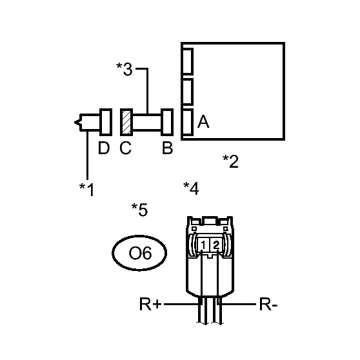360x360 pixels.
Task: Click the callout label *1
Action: click(x=87, y=190)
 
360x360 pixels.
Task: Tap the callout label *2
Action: click(x=230, y=161)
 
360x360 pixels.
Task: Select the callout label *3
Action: click(x=125, y=69)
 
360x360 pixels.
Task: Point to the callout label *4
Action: click(x=191, y=188)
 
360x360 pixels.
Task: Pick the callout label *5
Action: click(x=139, y=210)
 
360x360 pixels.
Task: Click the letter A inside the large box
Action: click(x=203, y=122)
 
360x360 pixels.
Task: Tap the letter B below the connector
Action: click(x=167, y=148)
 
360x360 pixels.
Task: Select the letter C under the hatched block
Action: click(x=126, y=148)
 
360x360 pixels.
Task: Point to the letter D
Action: click(x=104, y=148)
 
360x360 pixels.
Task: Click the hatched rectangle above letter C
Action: click(x=126, y=122)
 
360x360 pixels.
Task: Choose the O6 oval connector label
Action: click(x=139, y=253)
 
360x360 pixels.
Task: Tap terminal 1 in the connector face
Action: click(x=203, y=245)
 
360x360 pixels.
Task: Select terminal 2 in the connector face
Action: click(x=216, y=245)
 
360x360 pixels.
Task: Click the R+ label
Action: click(x=150, y=305)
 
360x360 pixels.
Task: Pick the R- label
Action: click(x=268, y=305)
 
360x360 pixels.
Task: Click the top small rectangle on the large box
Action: click(x=188, y=61)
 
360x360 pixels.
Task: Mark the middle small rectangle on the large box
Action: click(x=188, y=92)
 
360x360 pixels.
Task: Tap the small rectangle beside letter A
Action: click(x=188, y=122)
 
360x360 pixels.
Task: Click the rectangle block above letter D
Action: click(x=106, y=122)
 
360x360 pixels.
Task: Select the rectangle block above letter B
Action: click(x=167, y=122)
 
